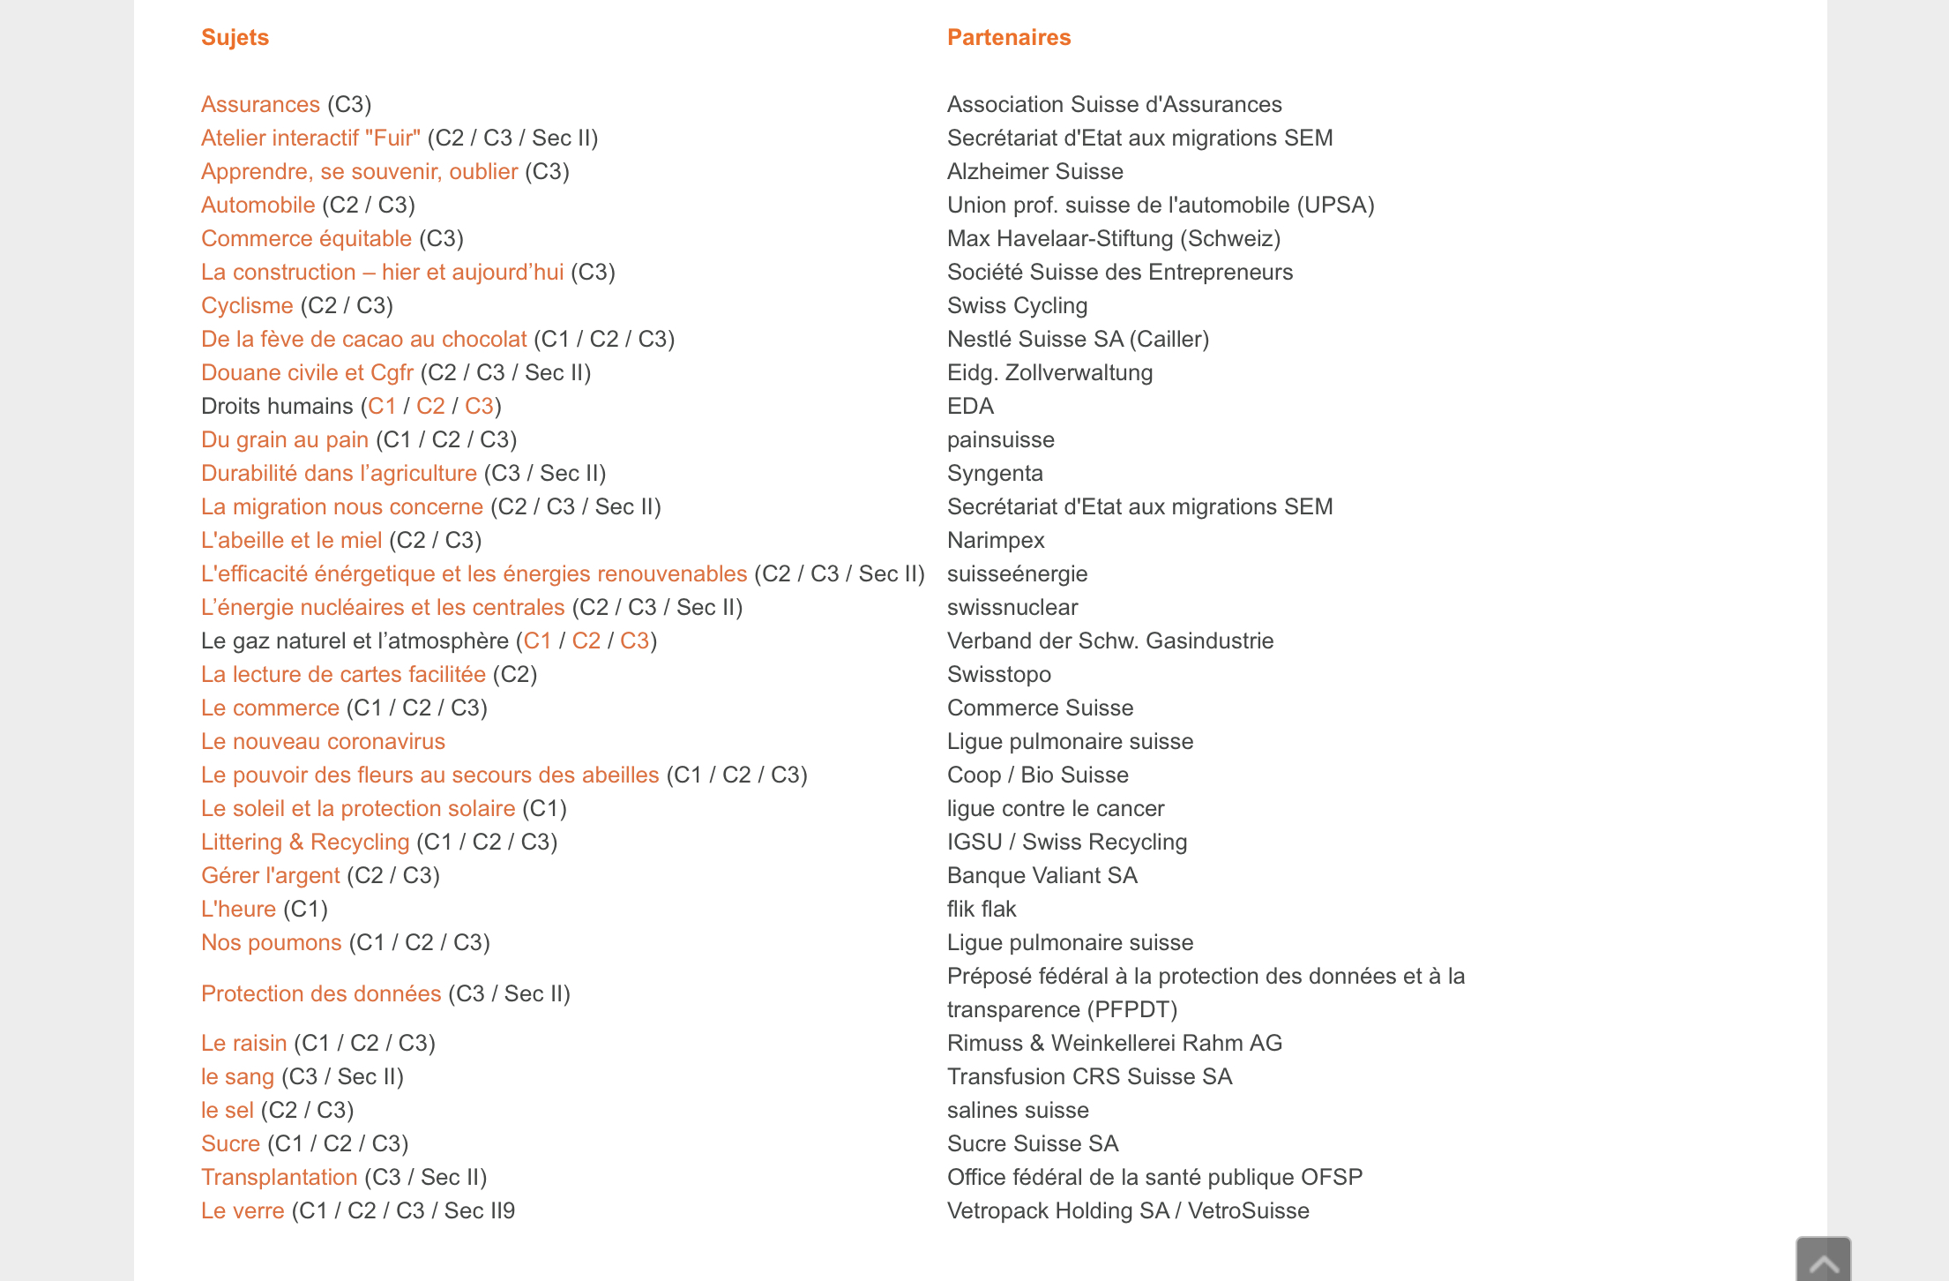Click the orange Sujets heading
[x=235, y=37]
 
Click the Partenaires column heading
[x=1009, y=37]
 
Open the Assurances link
[x=260, y=104]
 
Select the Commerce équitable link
[x=306, y=238]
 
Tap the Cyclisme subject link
[x=247, y=305]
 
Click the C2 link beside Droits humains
[x=430, y=406]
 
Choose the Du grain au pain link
[x=284, y=439]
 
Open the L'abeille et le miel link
[x=291, y=540]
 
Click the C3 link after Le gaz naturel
[x=634, y=640]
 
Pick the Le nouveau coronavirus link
[x=323, y=741]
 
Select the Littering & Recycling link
[x=305, y=842]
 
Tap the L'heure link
[x=238, y=909]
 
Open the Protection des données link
[x=321, y=993]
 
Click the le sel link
[x=227, y=1110]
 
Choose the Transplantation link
[x=279, y=1177]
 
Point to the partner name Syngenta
[x=995, y=473]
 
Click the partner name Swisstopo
[x=999, y=674]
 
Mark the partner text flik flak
[x=982, y=909]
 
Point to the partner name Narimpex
[x=996, y=540]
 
